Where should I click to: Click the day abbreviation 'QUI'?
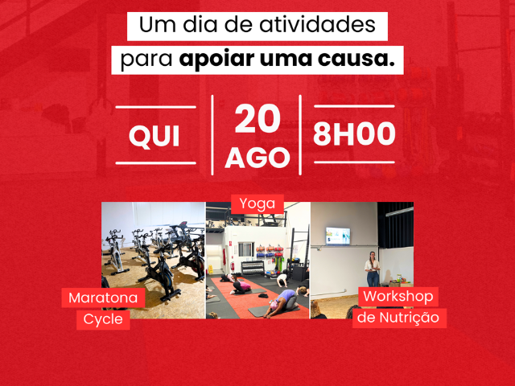pos(154,136)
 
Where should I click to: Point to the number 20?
pos(257,118)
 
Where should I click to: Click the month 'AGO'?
pos(257,158)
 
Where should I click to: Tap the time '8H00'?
pos(354,134)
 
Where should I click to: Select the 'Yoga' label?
pos(257,204)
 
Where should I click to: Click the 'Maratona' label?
pos(103,298)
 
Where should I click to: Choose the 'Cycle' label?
pos(103,319)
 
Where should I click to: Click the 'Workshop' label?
pos(398,297)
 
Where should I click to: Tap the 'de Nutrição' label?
pos(398,318)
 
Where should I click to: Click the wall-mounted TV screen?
pos(338,236)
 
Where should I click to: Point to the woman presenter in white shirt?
pos(373,269)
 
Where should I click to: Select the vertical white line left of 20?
pos(212,135)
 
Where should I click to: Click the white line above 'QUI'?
pos(155,107)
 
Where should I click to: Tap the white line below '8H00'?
pos(354,162)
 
